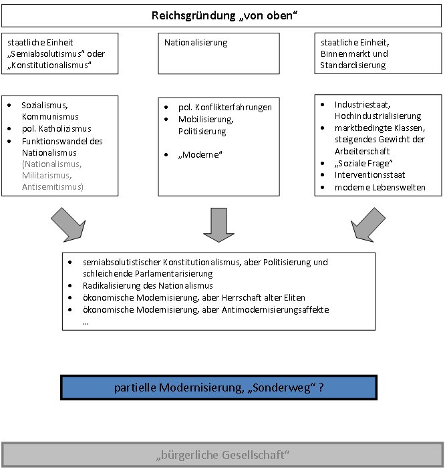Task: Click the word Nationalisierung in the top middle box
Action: (196, 43)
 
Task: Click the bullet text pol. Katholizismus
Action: (56, 128)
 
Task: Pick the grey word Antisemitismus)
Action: (53, 186)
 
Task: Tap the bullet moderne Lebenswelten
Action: (380, 188)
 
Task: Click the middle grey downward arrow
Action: (216, 224)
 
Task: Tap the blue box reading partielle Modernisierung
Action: (219, 387)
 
